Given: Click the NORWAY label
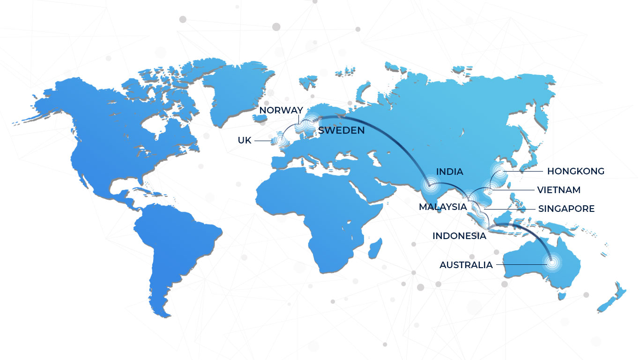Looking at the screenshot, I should [x=281, y=110].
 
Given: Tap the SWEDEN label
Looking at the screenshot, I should [x=341, y=130].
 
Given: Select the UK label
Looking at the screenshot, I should [x=245, y=140].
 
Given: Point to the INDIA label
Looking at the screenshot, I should [x=449, y=172].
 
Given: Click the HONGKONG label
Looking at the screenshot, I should [x=575, y=171].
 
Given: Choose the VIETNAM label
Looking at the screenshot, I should [x=558, y=190].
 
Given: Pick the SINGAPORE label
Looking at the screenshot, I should [x=566, y=209].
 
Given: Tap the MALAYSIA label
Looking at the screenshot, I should [x=443, y=207].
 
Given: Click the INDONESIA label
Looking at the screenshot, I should [x=459, y=236].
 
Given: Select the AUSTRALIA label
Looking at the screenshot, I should [x=466, y=265].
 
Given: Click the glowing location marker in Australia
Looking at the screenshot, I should [x=552, y=262].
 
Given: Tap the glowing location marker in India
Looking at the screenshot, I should [x=429, y=185].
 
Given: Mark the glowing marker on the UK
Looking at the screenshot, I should [x=281, y=140].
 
